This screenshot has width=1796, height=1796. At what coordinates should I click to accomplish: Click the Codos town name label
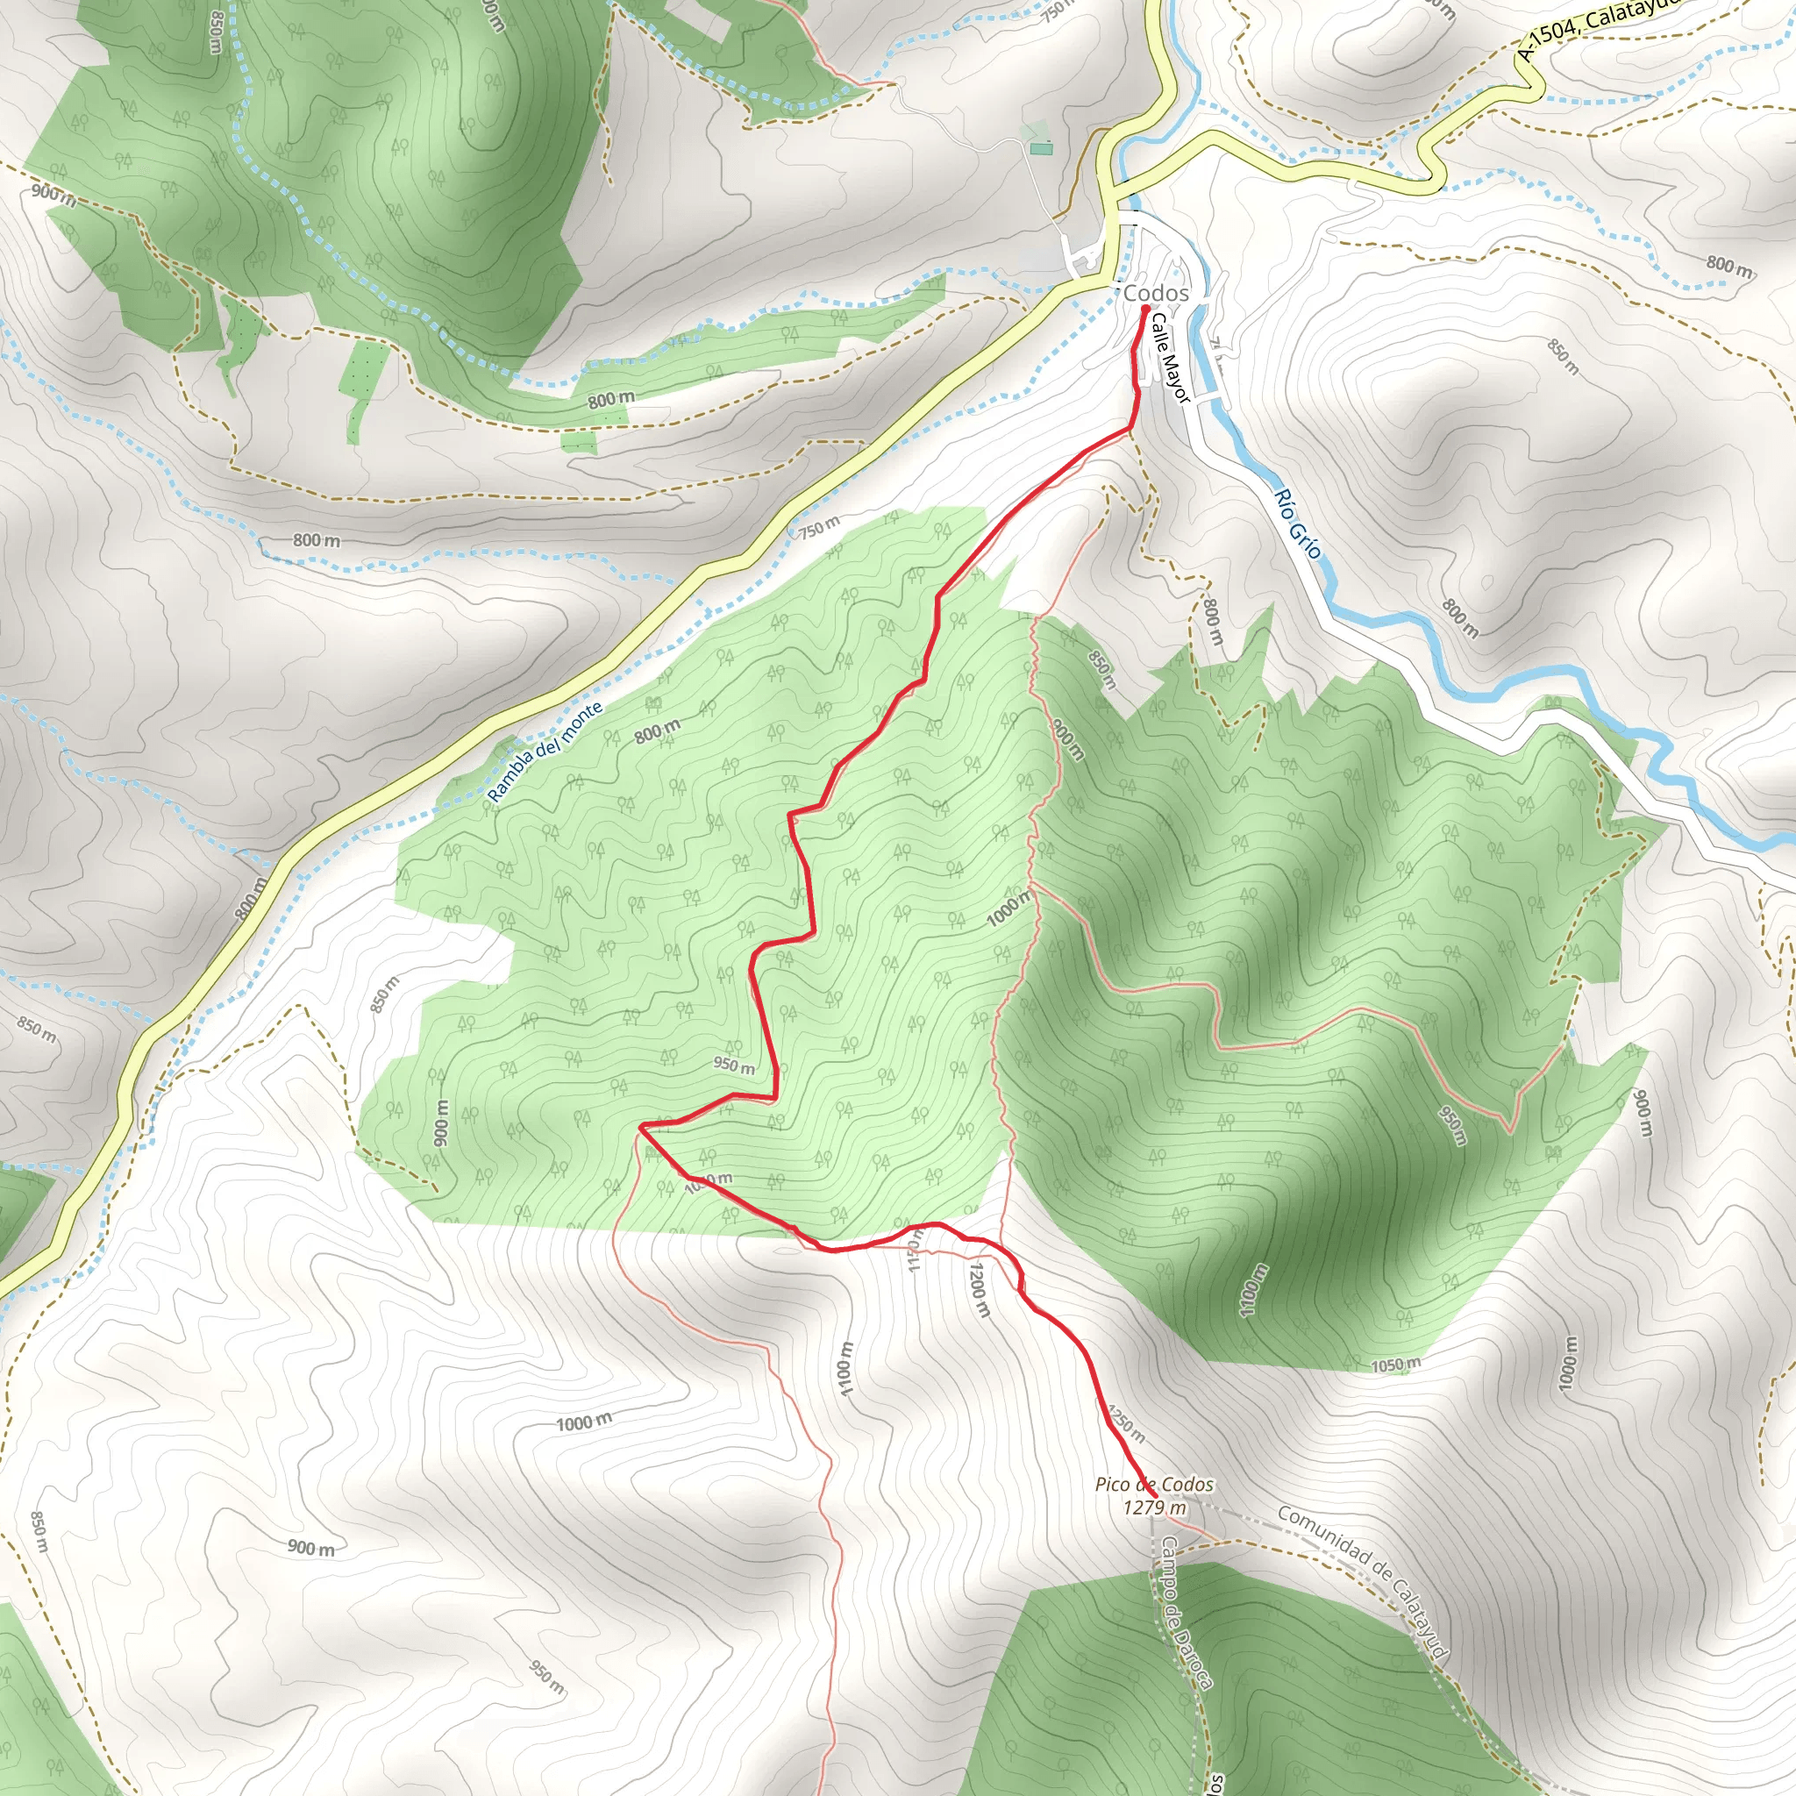[x=1156, y=294]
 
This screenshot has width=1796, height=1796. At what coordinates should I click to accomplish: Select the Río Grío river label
[x=1298, y=524]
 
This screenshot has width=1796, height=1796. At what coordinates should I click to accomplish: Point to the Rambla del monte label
[x=545, y=752]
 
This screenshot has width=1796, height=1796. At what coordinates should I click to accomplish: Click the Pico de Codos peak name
[x=1154, y=1485]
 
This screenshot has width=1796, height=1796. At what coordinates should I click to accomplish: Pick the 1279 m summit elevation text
[x=1154, y=1507]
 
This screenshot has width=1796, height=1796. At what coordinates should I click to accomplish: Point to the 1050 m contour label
[x=1395, y=1365]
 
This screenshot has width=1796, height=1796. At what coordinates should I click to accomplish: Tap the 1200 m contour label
[x=979, y=1288]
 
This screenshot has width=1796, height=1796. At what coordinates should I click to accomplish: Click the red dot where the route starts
[x=1145, y=309]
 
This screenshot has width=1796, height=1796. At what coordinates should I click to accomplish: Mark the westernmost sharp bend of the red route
[x=640, y=1128]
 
